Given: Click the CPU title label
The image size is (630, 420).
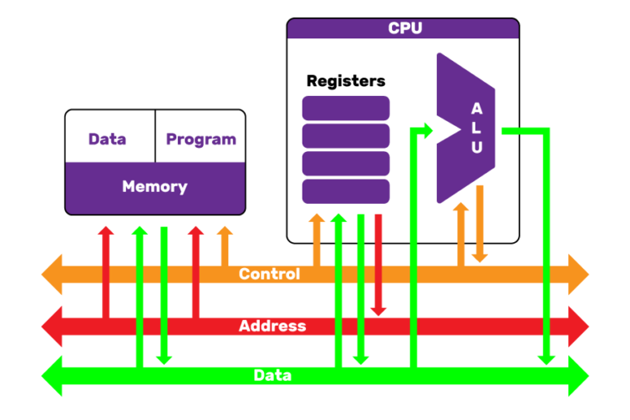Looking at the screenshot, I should coord(404,28).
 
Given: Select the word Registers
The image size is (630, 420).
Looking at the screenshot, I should coord(346,81).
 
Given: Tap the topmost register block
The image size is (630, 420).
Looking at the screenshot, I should coord(346,108).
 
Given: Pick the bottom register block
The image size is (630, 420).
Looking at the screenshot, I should coord(346,191).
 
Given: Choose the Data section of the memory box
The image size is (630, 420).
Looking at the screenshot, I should coord(108,139).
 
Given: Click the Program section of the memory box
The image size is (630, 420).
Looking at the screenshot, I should coord(201,139).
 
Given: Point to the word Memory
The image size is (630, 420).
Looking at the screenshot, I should coord(155,186).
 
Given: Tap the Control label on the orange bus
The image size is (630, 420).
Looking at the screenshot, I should coord(269,274).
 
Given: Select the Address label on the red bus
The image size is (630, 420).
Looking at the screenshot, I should coord(272,326).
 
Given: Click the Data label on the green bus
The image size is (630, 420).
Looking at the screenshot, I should coord(272,376).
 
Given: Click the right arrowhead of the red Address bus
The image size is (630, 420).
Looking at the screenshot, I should coord(577,326).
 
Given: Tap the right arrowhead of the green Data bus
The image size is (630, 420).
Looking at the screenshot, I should coord(577,376).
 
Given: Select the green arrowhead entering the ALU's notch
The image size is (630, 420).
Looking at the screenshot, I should coord(426,129).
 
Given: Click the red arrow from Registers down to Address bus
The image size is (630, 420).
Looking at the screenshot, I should coord(379,267).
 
